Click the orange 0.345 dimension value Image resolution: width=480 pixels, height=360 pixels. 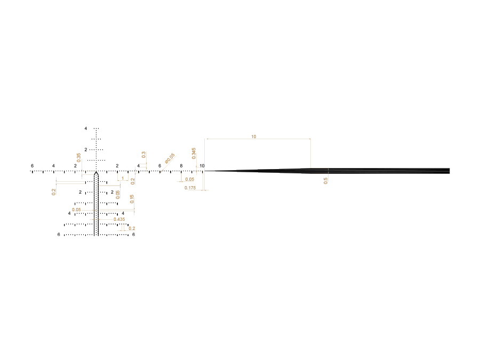[x=194, y=154]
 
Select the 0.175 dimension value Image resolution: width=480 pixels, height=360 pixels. [x=190, y=188]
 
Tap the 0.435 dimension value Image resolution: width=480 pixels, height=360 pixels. [x=119, y=219]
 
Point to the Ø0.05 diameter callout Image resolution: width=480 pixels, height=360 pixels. [x=170, y=158]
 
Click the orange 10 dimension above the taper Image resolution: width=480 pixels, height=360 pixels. [x=253, y=137]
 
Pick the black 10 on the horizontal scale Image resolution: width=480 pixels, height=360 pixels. [x=202, y=166]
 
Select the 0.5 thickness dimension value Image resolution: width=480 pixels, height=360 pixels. [x=325, y=181]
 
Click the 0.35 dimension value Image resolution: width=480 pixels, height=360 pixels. [x=79, y=158]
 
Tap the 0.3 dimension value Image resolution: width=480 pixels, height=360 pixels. [x=143, y=155]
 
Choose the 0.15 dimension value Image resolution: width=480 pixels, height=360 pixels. [x=132, y=199]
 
